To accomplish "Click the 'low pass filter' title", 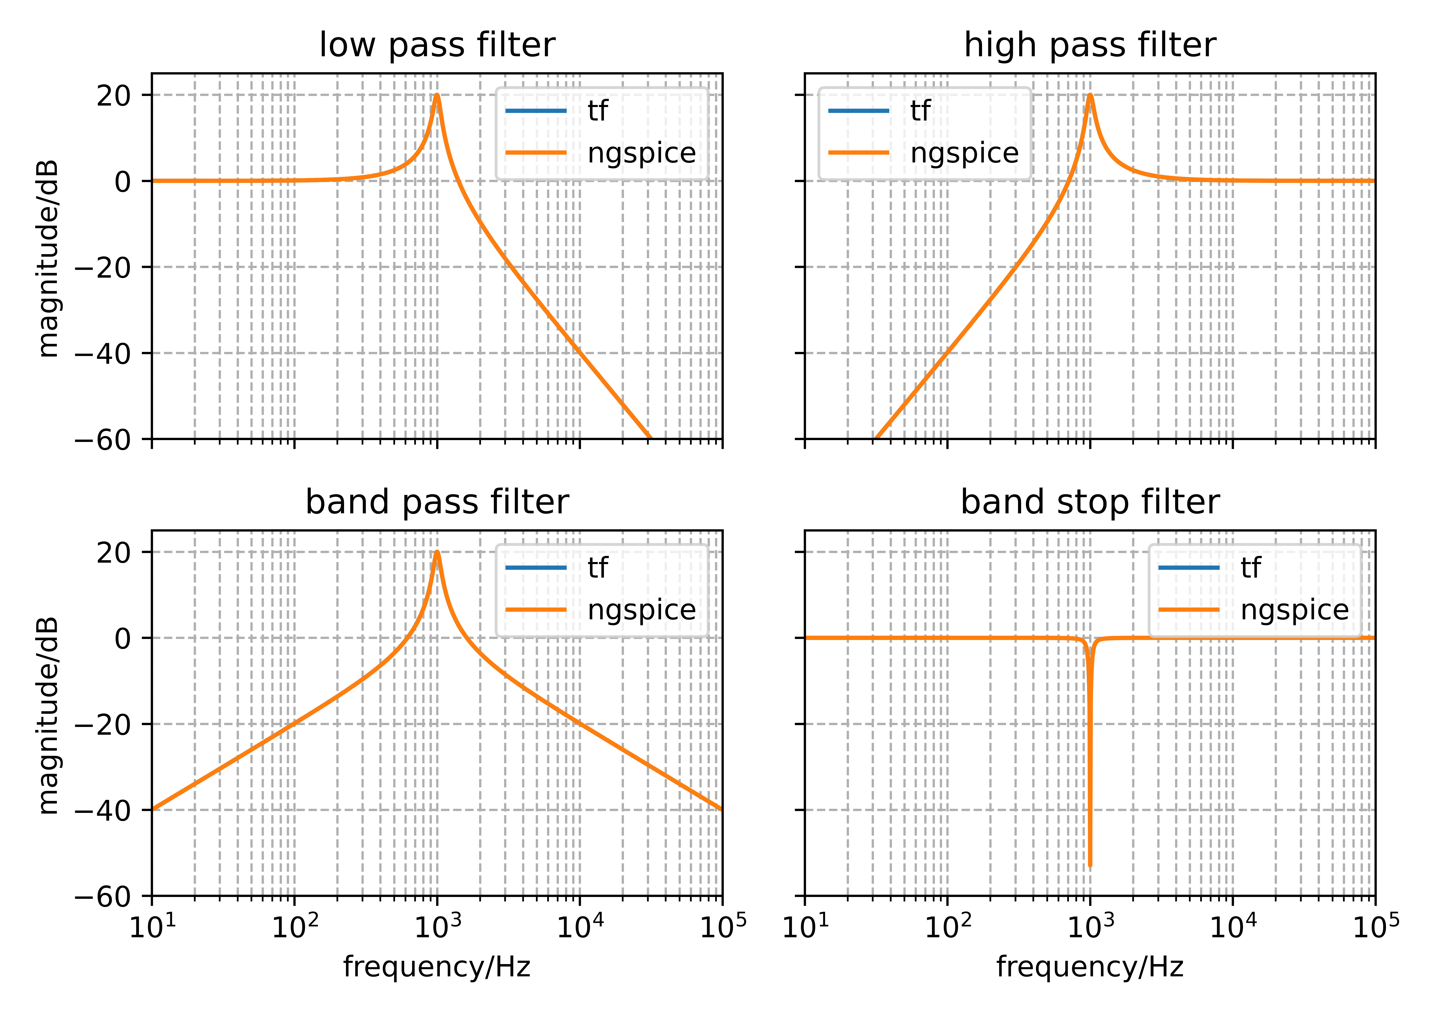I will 437,45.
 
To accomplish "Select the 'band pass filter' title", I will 437,502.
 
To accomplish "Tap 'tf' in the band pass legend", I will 597,568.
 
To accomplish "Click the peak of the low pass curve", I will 437,96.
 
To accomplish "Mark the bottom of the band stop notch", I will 1090,865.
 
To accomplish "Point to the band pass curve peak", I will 437,552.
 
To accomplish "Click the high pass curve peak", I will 1090,96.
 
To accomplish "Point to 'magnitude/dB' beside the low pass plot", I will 48,258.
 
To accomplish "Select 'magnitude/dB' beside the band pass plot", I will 48,715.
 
